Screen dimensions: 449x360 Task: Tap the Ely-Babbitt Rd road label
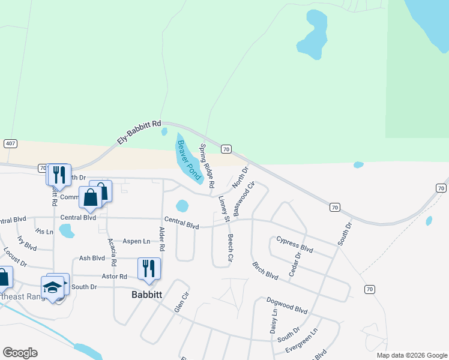[139, 133]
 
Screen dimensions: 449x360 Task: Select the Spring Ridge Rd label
[206, 166]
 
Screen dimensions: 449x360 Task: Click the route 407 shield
[10, 143]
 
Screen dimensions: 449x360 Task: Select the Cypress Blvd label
[295, 244]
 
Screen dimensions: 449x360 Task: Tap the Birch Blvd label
[265, 271]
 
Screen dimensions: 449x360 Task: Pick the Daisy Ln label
[274, 322]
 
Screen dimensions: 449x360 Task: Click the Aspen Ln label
[136, 241]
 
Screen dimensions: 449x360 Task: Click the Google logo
[20, 353]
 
